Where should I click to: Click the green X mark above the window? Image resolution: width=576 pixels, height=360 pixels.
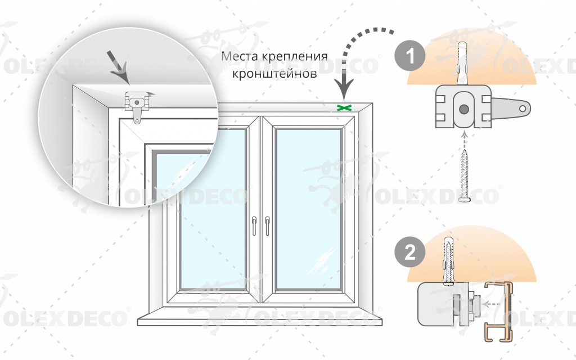(x=343, y=107)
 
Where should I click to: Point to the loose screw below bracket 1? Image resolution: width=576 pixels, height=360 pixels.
(x=463, y=174)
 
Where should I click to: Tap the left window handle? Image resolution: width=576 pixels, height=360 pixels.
(x=254, y=226)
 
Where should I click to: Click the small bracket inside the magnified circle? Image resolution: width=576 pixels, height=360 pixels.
(x=136, y=105)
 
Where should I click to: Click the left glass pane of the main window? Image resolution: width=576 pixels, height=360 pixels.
(x=213, y=208)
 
